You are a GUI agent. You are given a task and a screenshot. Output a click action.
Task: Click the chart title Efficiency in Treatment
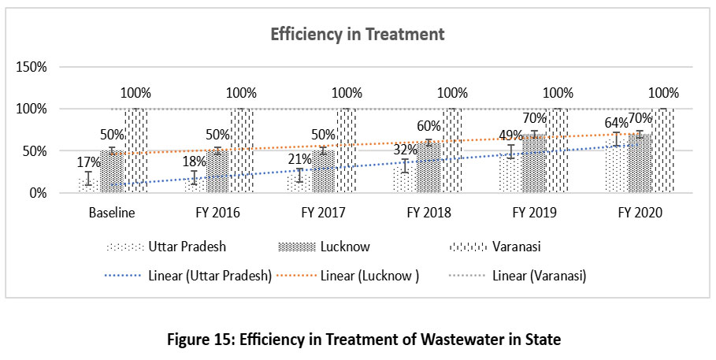pyautogui.click(x=358, y=35)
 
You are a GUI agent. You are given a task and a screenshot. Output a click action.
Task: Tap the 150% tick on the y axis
pyautogui.click(x=32, y=68)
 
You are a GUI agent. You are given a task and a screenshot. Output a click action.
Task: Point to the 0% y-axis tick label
pyautogui.click(x=37, y=193)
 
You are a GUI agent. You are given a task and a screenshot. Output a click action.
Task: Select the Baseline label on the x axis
pyautogui.click(x=113, y=213)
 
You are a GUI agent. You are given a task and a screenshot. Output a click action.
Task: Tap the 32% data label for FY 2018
pyautogui.click(x=406, y=150)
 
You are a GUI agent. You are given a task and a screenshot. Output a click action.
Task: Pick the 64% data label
pyautogui.click(x=616, y=123)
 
